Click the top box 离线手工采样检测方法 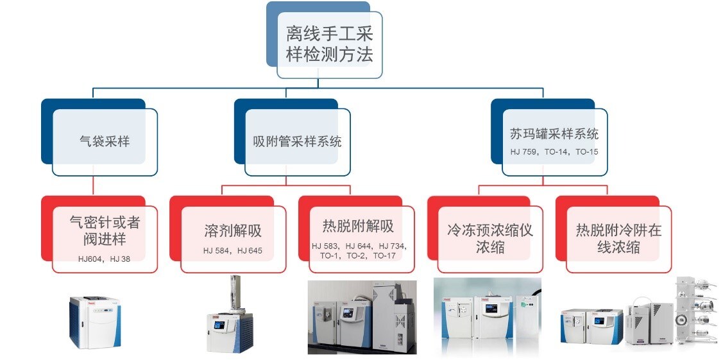click(329, 44)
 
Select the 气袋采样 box click(104, 141)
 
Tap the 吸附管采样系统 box click(297, 141)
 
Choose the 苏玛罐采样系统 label click(554, 134)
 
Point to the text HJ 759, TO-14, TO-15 click(554, 152)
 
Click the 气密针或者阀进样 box click(105, 231)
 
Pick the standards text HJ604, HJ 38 click(104, 258)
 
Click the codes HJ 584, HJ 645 click(232, 250)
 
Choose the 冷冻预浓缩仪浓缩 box click(490, 238)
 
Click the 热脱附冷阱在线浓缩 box click(618, 238)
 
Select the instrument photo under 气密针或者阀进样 click(94, 321)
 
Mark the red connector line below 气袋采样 click(93, 185)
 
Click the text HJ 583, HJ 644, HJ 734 click(359, 246)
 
